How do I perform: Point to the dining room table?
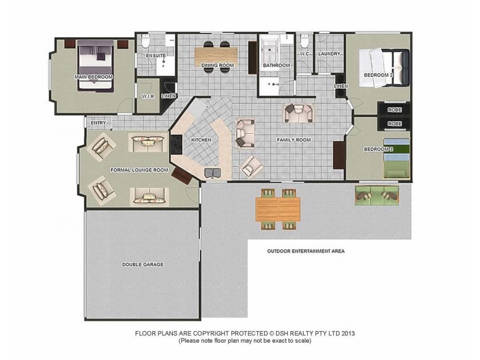[216, 57]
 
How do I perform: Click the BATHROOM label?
[276, 65]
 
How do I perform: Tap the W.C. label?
[304, 54]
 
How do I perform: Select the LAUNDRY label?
[330, 54]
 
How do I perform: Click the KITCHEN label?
[202, 140]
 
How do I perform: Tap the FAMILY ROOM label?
[293, 140]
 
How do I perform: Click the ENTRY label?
[98, 124]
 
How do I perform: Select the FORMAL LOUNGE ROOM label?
[139, 170]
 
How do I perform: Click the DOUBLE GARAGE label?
[143, 264]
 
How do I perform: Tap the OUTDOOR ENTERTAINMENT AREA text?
[306, 251]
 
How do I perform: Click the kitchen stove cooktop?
[176, 144]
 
